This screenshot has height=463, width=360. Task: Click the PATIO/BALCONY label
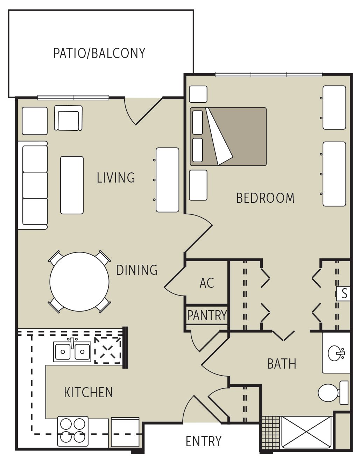tap(99, 53)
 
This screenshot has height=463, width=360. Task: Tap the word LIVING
tap(116, 178)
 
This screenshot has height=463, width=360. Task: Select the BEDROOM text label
tap(265, 198)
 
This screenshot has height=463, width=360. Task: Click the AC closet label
tap(206, 283)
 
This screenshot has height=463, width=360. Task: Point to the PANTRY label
tap(207, 315)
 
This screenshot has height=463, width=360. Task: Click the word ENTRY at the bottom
tap(203, 441)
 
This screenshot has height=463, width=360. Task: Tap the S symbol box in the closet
tap(344, 293)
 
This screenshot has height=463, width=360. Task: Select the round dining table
tap(79, 282)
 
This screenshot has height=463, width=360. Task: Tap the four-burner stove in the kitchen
tap(73, 431)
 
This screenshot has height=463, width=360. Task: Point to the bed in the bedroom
tap(228, 136)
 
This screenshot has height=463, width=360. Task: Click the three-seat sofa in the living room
tap(34, 185)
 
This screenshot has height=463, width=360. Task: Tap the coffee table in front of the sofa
tap(72, 185)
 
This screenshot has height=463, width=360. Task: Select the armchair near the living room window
tap(68, 118)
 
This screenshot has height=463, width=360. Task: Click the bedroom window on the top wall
tap(268, 74)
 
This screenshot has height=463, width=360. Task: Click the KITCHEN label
tap(88, 392)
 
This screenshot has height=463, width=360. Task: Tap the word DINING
tap(137, 270)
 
